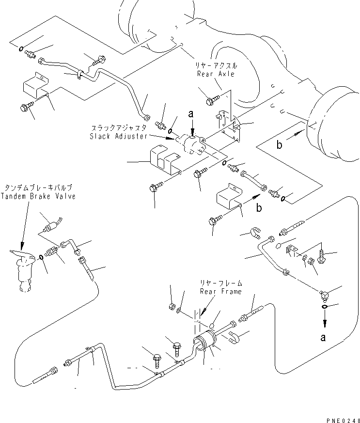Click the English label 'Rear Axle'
pos(216,74)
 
